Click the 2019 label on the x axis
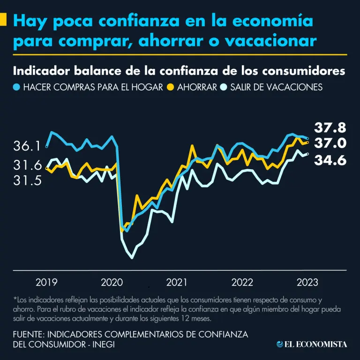pyautogui.click(x=46, y=282)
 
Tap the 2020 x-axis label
pyautogui.click(x=112, y=282)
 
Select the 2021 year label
pyautogui.click(x=177, y=282)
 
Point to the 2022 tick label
pyautogui.click(x=242, y=282)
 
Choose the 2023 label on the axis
pyautogui.click(x=307, y=282)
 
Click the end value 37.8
pyautogui.click(x=330, y=127)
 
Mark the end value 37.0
pyautogui.click(x=330, y=143)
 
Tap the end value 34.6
pyautogui.click(x=330, y=160)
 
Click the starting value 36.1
pyautogui.click(x=27, y=147)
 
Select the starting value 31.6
pyautogui.click(x=27, y=165)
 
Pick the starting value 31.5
pyautogui.click(x=27, y=180)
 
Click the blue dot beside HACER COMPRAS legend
pyautogui.click(x=17, y=87)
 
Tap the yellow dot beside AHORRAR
pyautogui.click(x=172, y=87)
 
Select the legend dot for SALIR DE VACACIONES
pyautogui.click(x=225, y=87)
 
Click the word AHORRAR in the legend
pyautogui.click(x=197, y=87)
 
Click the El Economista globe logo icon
pyautogui.click(x=280, y=345)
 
